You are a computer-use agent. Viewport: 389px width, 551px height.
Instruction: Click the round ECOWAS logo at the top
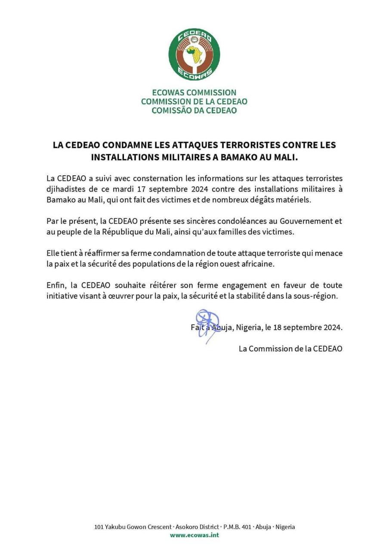coord(194,54)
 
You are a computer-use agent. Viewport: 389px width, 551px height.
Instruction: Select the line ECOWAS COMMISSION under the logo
coord(194,93)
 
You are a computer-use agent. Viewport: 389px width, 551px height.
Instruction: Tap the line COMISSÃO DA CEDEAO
coord(194,110)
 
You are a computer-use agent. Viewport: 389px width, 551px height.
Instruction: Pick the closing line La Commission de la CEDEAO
coord(290,349)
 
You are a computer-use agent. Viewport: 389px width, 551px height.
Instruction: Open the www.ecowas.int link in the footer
coord(194,535)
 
